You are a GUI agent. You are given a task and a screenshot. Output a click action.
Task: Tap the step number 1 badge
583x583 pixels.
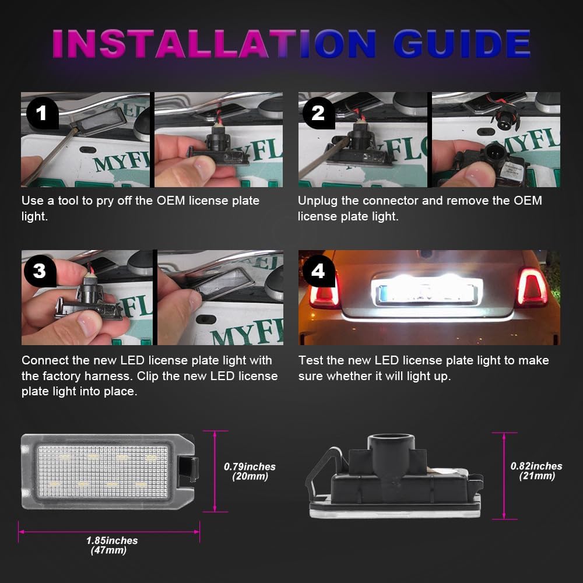click(x=41, y=113)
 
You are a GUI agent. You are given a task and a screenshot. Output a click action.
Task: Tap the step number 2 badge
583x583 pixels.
click(x=318, y=113)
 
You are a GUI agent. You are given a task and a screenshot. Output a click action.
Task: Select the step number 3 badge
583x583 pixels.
click(x=40, y=271)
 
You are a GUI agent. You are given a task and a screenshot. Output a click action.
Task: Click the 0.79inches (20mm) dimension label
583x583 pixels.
click(x=250, y=471)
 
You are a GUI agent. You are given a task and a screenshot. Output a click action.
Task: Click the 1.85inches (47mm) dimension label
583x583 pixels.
click(x=110, y=545)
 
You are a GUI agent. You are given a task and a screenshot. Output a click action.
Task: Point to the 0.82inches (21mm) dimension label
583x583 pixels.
click(x=536, y=470)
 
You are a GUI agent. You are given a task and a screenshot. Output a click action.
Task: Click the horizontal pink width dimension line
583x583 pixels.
click(x=109, y=531)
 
